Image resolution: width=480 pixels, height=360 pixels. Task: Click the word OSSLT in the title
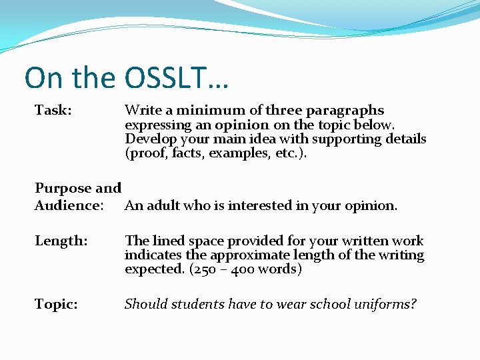click(166, 77)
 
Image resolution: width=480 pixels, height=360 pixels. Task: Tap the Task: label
click(53, 110)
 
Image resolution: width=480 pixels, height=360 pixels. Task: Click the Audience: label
click(69, 205)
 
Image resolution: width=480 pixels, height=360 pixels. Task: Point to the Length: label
click(61, 241)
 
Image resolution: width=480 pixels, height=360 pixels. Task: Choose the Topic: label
click(56, 305)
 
